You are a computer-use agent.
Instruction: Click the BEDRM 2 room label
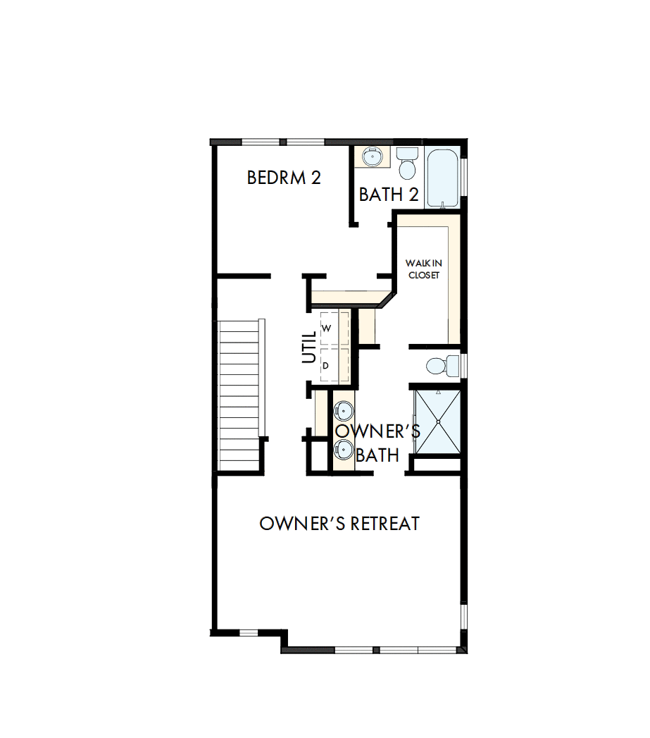click(x=284, y=178)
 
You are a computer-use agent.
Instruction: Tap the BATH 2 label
click(x=389, y=195)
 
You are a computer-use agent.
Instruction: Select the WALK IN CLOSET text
click(x=423, y=269)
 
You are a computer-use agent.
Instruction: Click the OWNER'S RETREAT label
click(x=339, y=524)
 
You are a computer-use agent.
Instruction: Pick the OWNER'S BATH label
click(x=377, y=443)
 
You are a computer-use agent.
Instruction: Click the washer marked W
click(x=327, y=328)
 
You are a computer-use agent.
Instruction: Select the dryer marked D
click(x=326, y=366)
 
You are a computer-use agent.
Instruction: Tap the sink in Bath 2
click(x=371, y=156)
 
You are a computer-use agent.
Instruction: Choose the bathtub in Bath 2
click(x=442, y=178)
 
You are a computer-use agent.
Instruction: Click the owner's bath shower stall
click(x=437, y=422)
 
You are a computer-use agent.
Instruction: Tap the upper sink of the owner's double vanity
click(x=343, y=410)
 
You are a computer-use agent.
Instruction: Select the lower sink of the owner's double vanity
click(x=343, y=449)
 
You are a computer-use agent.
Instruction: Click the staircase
click(x=240, y=395)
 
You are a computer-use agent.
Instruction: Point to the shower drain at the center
click(x=437, y=422)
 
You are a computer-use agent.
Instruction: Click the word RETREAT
click(x=385, y=524)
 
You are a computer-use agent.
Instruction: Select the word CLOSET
click(x=423, y=275)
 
